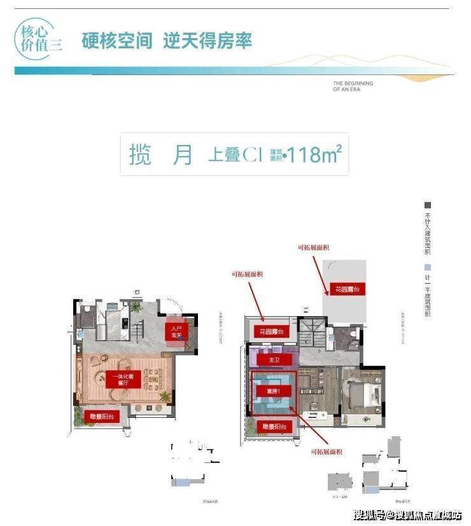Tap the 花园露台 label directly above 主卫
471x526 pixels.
coord(271,331)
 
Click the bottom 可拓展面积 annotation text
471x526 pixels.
coord(327,452)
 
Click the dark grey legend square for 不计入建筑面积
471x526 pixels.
coord(428,205)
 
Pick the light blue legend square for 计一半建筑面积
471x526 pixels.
coord(428,268)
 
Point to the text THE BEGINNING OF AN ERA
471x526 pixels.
coord(352,87)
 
